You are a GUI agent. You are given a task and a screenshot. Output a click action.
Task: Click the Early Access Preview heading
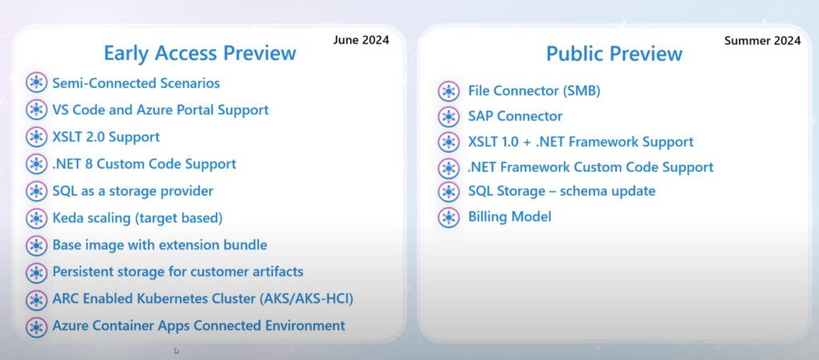(199, 54)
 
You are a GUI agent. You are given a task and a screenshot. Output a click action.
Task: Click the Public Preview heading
(614, 54)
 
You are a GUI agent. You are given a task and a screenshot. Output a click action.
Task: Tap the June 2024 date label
(361, 40)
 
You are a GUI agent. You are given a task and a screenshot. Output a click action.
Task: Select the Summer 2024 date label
(762, 40)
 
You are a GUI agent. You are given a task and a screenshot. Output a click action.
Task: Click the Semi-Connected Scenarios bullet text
(136, 83)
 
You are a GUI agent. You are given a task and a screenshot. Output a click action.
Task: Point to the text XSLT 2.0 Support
(106, 137)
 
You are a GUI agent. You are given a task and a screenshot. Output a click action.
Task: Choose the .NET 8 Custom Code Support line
(144, 164)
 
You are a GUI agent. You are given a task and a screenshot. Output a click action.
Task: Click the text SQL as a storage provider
(133, 191)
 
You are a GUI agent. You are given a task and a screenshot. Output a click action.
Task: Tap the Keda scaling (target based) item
(138, 218)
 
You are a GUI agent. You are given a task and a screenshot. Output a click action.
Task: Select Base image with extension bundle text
(160, 245)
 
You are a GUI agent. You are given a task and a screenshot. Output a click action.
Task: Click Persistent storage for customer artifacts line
(178, 272)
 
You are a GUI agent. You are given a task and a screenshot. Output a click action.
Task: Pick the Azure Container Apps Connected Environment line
(198, 326)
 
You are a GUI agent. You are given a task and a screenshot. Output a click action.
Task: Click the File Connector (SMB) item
(534, 91)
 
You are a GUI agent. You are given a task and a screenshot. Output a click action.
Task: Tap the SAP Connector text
(515, 116)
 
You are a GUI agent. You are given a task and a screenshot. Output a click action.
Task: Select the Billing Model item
(509, 216)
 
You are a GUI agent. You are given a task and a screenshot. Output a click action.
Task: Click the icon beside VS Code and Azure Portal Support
(36, 110)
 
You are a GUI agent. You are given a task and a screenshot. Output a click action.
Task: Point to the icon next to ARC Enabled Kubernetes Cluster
(36, 300)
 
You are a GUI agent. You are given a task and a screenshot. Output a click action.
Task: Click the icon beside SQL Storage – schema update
(449, 191)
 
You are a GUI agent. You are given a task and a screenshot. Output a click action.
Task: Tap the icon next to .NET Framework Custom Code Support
(449, 168)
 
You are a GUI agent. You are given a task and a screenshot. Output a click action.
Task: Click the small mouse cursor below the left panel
(177, 350)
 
